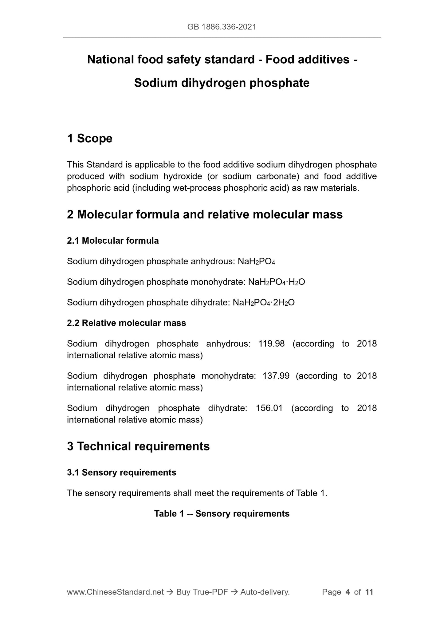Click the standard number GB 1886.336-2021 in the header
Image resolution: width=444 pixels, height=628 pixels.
(222, 27)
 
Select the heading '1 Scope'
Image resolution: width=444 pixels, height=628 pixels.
(90, 139)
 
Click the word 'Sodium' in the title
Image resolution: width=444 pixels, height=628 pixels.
(155, 83)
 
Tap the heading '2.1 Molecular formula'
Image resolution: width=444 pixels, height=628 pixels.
(113, 241)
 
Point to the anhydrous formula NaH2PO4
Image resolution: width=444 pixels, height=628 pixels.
(256, 261)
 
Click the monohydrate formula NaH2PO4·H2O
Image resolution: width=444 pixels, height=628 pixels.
(276, 282)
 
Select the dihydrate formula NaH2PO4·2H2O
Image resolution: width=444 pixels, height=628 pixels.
(264, 303)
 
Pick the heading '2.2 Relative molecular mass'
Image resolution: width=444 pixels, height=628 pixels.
(126, 323)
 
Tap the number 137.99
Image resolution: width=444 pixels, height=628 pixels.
(276, 376)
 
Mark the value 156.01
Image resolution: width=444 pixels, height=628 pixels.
(269, 408)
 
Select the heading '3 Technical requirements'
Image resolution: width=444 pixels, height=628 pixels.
(138, 446)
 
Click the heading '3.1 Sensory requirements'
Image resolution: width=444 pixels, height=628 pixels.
(121, 472)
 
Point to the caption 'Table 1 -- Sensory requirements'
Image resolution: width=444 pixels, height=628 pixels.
(222, 514)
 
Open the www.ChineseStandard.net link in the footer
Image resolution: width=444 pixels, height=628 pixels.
(115, 592)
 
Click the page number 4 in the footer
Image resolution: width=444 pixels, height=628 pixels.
(348, 592)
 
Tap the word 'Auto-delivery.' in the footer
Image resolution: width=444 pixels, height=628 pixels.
(265, 592)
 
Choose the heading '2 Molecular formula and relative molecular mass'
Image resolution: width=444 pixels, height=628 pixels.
(205, 214)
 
